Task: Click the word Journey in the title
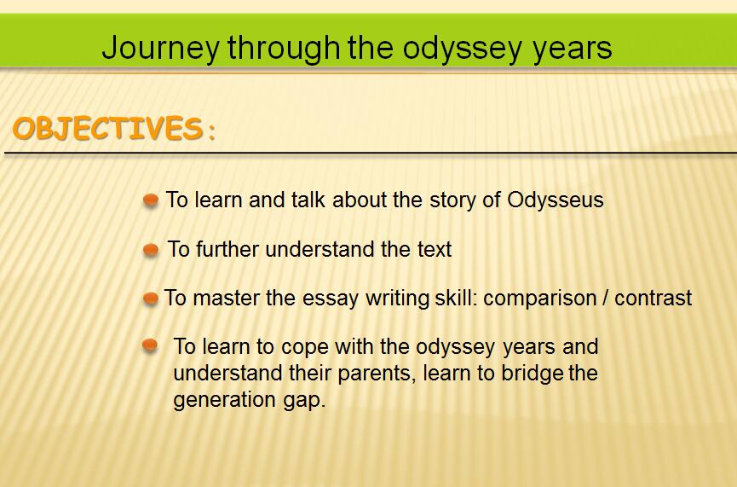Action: coord(160,49)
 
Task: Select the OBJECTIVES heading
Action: coord(107,129)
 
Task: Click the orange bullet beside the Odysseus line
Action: coord(151,200)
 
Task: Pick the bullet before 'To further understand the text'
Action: coord(151,250)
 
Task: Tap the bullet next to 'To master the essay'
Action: coord(151,299)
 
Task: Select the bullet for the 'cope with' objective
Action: coord(149,345)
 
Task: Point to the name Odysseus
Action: coord(556,200)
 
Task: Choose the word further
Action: coord(227,249)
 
